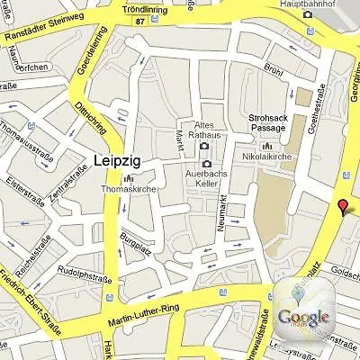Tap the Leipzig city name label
(x=118, y=162)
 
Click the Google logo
(x=302, y=316)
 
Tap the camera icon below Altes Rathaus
(x=205, y=145)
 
